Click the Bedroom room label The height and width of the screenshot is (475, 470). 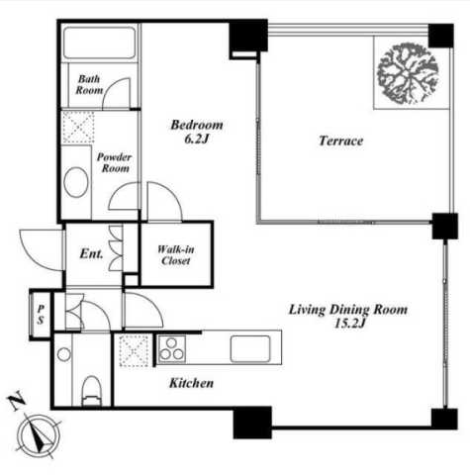click(197, 125)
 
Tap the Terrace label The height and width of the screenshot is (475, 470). click(340, 141)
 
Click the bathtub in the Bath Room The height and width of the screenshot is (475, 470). click(99, 43)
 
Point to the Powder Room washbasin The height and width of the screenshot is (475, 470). click(76, 182)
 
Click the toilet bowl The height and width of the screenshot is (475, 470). click(91, 391)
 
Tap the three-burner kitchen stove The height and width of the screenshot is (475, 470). click(171, 349)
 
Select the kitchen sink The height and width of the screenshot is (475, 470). click(250, 348)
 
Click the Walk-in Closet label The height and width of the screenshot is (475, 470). click(176, 255)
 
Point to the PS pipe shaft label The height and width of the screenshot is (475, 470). click(41, 314)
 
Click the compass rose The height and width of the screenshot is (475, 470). click(39, 435)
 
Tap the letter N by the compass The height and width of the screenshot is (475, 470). click(17, 400)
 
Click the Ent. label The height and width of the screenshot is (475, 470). click(91, 253)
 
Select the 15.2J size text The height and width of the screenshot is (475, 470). click(349, 324)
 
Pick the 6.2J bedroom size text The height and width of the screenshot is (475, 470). click(197, 139)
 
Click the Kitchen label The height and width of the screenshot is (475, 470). click(191, 383)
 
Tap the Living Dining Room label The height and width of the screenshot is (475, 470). click(348, 310)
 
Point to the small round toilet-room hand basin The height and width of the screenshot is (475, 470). click(64, 354)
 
